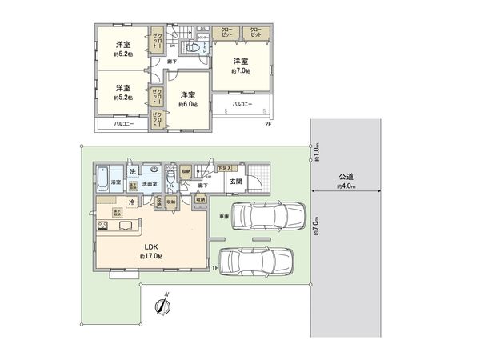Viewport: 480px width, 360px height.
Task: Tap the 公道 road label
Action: (346, 175)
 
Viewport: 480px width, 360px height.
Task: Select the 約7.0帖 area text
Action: (242, 72)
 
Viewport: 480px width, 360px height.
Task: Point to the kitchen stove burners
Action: (102, 227)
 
